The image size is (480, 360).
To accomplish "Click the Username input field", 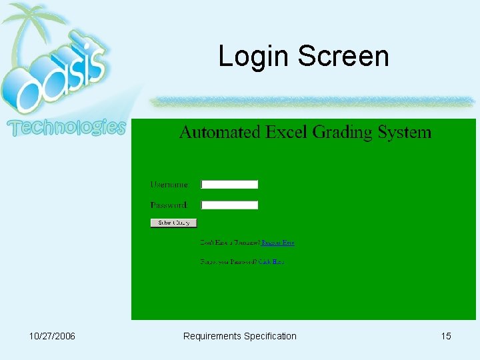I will point(229,185).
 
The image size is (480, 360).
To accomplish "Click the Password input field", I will point(229,205).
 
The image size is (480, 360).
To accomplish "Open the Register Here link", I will point(278,243).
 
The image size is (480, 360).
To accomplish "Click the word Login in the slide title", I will point(255,56).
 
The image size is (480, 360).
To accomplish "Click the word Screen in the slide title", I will point(343,56).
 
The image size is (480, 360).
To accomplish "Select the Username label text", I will point(170,185).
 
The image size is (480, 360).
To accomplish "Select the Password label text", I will point(169,205).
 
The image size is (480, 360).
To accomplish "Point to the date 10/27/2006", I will point(52,336).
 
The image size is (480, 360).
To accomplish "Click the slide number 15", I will point(446,336).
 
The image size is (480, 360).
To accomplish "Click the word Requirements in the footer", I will point(212,336).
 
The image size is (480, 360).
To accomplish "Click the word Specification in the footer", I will point(270,336).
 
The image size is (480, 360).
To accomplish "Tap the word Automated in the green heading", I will point(220,132).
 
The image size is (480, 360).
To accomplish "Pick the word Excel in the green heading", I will point(287,132).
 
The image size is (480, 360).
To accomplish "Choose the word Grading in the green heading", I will point(343,133).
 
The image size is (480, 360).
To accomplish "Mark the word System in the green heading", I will point(405,133).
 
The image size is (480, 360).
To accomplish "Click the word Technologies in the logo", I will point(66,127).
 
